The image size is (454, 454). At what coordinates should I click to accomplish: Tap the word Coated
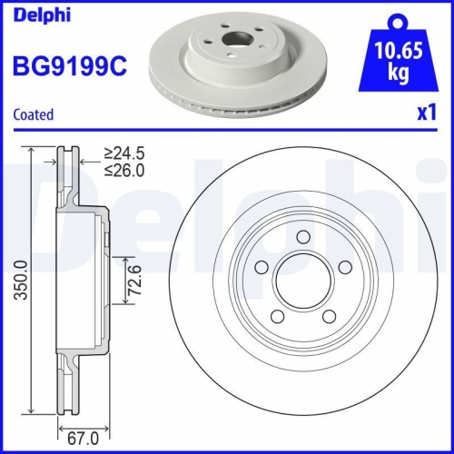[33, 114]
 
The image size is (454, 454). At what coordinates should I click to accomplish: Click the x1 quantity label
[427, 114]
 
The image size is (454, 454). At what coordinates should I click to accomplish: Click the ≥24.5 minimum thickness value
[123, 153]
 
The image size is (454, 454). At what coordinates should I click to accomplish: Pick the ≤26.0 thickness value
[123, 170]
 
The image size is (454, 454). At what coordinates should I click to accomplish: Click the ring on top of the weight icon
[397, 20]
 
